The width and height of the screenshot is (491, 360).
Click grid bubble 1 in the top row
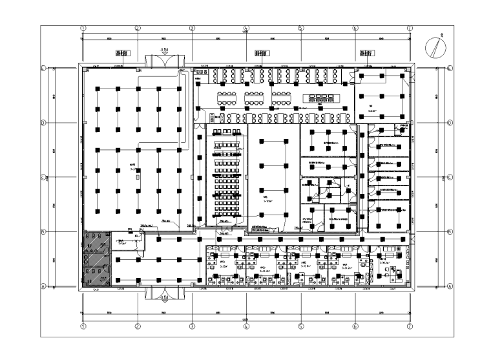point(83,28)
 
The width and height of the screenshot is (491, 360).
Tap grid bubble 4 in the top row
point(246,28)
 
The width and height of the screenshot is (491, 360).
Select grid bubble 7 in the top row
point(410,28)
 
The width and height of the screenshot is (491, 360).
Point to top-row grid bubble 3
point(192,28)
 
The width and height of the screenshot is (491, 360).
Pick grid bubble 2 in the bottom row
point(138,326)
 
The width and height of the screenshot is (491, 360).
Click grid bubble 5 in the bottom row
point(300,326)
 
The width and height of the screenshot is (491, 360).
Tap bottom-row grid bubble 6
point(355,326)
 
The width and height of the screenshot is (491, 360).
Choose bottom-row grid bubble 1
point(83,326)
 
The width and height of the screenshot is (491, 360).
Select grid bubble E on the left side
point(44,68)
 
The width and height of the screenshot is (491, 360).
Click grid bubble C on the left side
point(44,177)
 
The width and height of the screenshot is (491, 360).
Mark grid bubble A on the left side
point(44,286)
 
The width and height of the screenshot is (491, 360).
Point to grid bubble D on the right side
point(450,123)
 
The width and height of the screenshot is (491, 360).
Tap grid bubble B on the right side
point(450,232)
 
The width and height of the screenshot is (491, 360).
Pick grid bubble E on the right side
point(450,68)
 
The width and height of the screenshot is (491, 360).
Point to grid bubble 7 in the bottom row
point(410,326)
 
